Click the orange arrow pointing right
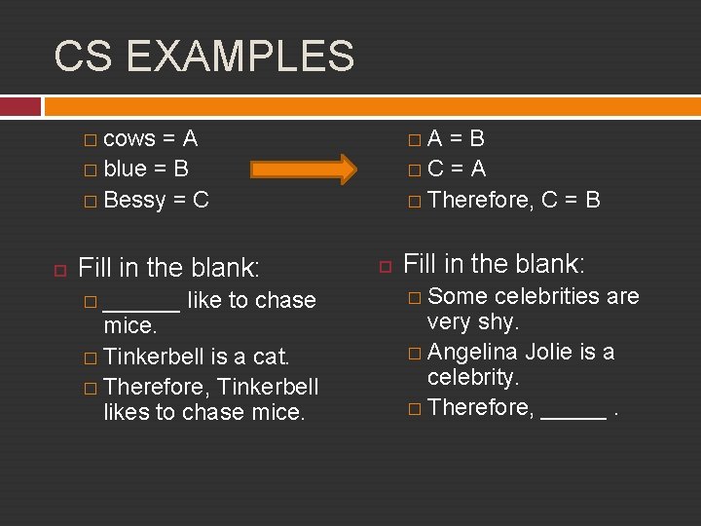pyautogui.click(x=303, y=169)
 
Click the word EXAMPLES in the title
pyautogui.click(x=240, y=56)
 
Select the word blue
pyautogui.click(x=125, y=169)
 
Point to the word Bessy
pyautogui.click(x=134, y=200)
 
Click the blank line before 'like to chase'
pyautogui.click(x=141, y=302)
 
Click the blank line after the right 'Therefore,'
pyautogui.click(x=572, y=410)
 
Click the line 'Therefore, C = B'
pyautogui.click(x=513, y=200)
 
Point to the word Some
pyautogui.click(x=457, y=296)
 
